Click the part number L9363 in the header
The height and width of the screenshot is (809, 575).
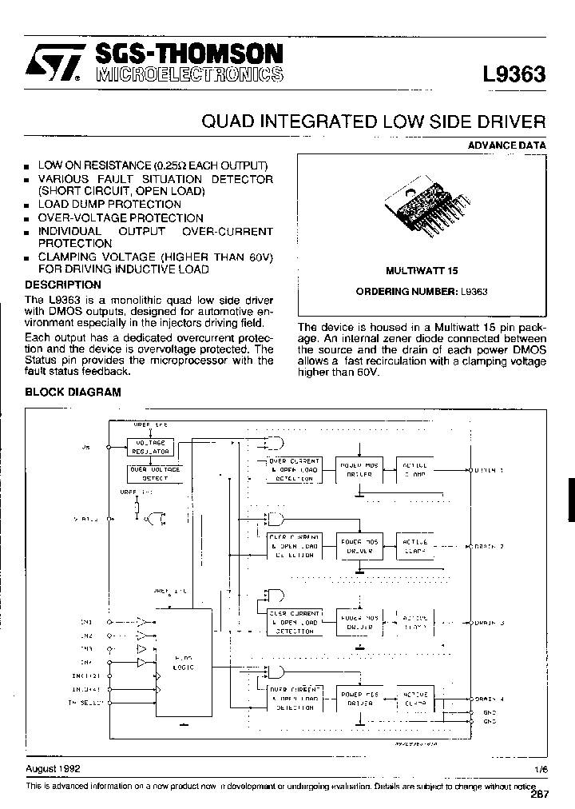[514, 75]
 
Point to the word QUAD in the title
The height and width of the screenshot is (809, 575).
[228, 122]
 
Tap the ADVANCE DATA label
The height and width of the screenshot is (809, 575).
[507, 145]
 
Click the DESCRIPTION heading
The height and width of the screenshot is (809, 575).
[63, 285]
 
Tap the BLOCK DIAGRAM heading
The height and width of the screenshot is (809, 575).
[73, 392]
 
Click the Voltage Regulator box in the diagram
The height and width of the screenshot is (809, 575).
[155, 447]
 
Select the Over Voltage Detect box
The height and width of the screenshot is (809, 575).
[155, 473]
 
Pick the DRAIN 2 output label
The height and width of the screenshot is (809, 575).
[488, 547]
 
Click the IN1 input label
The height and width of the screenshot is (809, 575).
[86, 621]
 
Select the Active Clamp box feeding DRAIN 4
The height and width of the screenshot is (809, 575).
[414, 698]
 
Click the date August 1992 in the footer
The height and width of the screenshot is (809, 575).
[53, 768]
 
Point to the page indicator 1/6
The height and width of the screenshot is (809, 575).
[541, 769]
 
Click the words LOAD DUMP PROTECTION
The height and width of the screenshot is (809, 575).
[109, 205]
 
